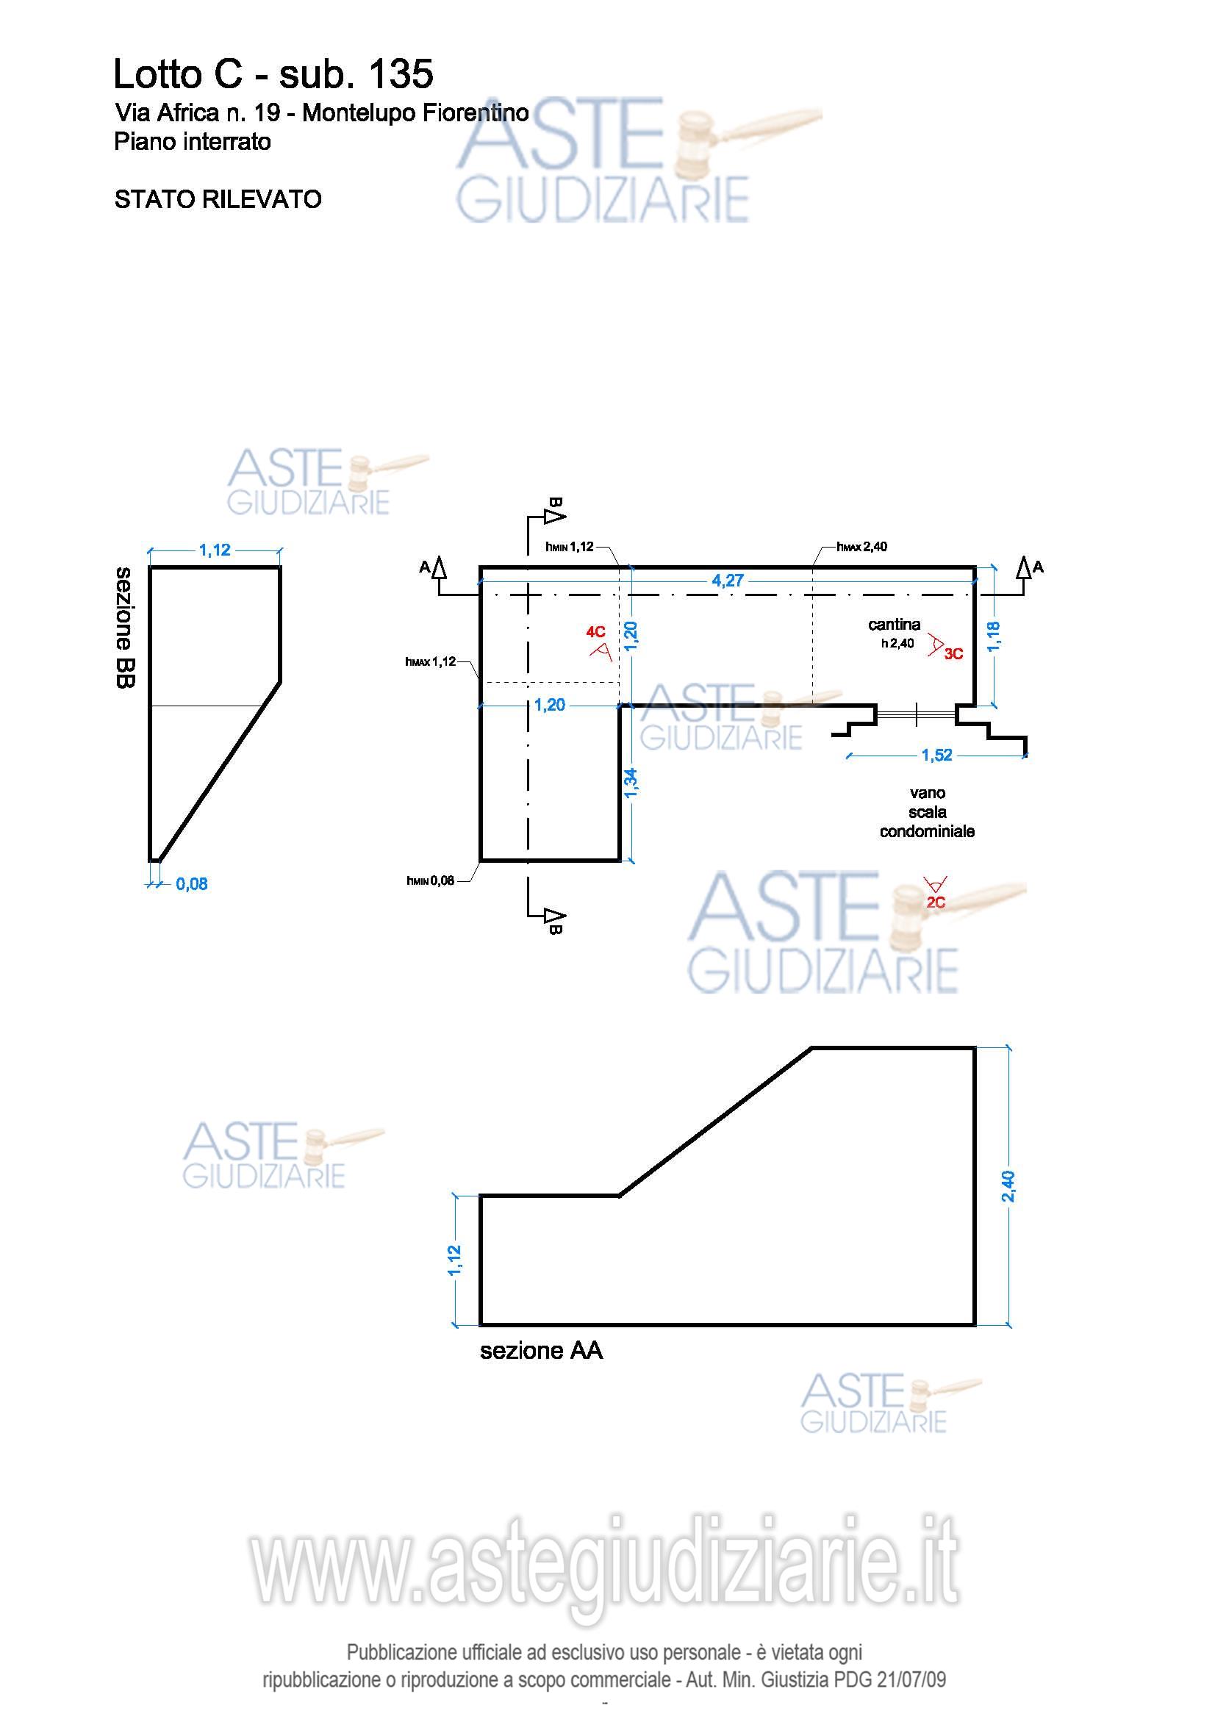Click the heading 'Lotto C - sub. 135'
pyautogui.click(x=273, y=74)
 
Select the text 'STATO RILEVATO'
pyautogui.click(x=218, y=199)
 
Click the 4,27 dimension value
pyautogui.click(x=728, y=581)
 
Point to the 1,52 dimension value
pyautogui.click(x=936, y=755)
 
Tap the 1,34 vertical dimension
pyautogui.click(x=631, y=783)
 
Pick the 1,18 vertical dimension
pyautogui.click(x=994, y=636)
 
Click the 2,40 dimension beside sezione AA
pyautogui.click(x=1008, y=1187)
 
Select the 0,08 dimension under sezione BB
pyautogui.click(x=192, y=884)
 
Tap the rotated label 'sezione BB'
pyautogui.click(x=124, y=628)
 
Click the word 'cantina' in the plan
pyautogui.click(x=895, y=625)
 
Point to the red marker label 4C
pyautogui.click(x=596, y=632)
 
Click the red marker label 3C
pyautogui.click(x=953, y=653)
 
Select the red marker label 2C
pyautogui.click(x=936, y=902)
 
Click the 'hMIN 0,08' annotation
pyautogui.click(x=431, y=880)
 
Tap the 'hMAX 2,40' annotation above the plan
pyautogui.click(x=861, y=547)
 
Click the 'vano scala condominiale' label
pyautogui.click(x=927, y=811)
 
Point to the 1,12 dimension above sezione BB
pyautogui.click(x=215, y=550)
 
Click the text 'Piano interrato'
pyautogui.click(x=193, y=142)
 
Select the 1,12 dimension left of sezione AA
pyautogui.click(x=454, y=1261)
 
